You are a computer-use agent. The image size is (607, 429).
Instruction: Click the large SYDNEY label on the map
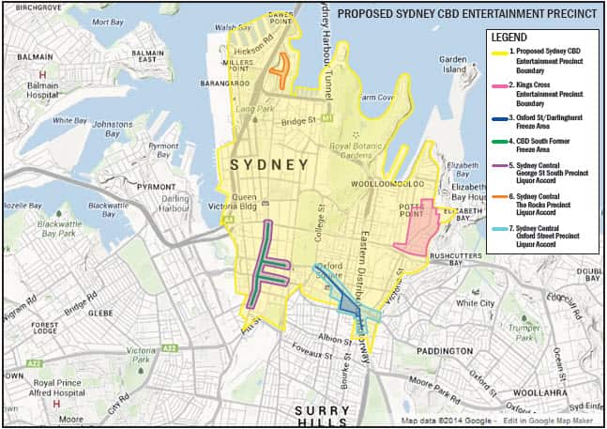click(270, 164)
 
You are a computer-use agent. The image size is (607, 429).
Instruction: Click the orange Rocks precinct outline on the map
click(280, 69)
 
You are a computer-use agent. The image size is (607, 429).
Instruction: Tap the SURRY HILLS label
click(323, 417)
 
